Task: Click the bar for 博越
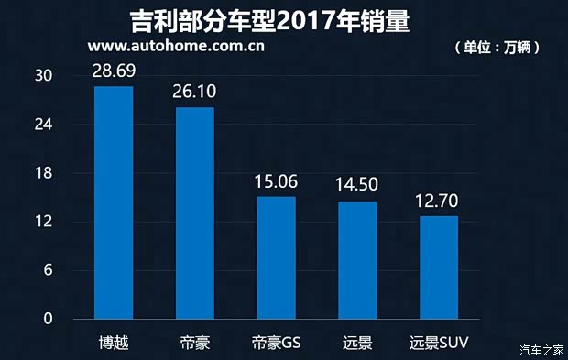coord(114,202)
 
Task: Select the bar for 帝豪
coord(194,213)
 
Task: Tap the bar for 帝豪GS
coord(276,257)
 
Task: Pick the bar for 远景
coord(357,260)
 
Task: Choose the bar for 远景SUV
coord(438,267)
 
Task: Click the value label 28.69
coord(114,71)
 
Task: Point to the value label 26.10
coord(194,92)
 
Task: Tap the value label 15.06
coord(276,180)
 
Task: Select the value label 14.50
coord(357,185)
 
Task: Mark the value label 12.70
coord(438,201)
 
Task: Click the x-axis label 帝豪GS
coord(276,344)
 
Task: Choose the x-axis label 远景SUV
coord(438,344)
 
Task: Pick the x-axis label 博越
coord(114,344)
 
